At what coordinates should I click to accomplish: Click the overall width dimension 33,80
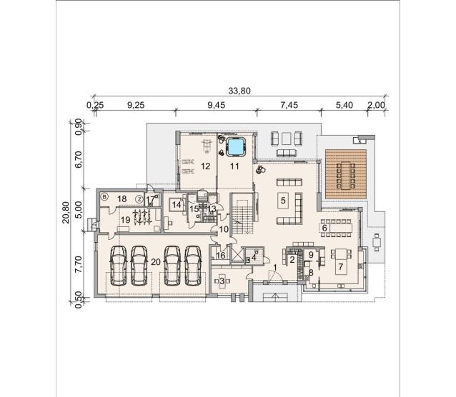pyautogui.click(x=239, y=91)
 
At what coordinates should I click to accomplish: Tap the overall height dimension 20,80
pyautogui.click(x=66, y=212)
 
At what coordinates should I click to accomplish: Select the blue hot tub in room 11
pyautogui.click(x=236, y=147)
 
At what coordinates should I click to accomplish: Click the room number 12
pyautogui.click(x=205, y=166)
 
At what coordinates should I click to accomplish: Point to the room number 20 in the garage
pyautogui.click(x=156, y=262)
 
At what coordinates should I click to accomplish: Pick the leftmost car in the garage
pyautogui.click(x=119, y=266)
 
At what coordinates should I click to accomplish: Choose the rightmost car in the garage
pyautogui.click(x=193, y=266)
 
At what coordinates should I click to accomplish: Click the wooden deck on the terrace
pyautogui.click(x=345, y=174)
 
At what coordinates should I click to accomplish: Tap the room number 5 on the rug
pyautogui.click(x=283, y=200)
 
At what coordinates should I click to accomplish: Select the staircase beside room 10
pyautogui.click(x=242, y=213)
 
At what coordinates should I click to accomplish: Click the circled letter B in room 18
pyautogui.click(x=104, y=197)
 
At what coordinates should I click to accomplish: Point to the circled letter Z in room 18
pyautogui.click(x=139, y=199)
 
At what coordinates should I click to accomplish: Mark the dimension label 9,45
pyautogui.click(x=217, y=105)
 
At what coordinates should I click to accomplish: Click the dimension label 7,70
pyautogui.click(x=78, y=264)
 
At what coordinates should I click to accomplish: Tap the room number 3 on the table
pyautogui.click(x=222, y=281)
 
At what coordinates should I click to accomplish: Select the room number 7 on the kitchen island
pyautogui.click(x=340, y=266)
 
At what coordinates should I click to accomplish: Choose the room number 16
pyautogui.click(x=221, y=256)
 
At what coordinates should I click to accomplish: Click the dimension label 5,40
pyautogui.click(x=345, y=105)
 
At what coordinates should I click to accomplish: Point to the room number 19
pyautogui.click(x=125, y=220)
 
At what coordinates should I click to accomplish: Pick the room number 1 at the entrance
pyautogui.click(x=275, y=266)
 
